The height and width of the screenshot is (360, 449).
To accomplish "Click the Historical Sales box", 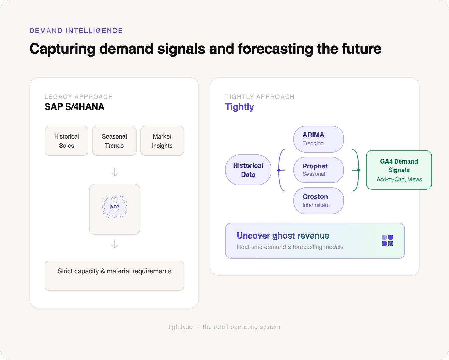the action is [x=66, y=141].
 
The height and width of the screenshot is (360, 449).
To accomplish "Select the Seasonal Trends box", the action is [x=114, y=141].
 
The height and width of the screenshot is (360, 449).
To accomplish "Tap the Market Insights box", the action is [x=162, y=141].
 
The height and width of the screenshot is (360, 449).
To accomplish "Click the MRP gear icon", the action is [x=115, y=207].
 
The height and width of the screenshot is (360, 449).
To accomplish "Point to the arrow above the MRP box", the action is [x=115, y=172].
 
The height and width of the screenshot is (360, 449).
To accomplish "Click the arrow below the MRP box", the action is [x=115, y=244].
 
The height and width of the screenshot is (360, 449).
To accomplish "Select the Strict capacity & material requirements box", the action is [x=114, y=276].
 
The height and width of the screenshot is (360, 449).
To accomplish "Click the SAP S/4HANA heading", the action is [x=74, y=107].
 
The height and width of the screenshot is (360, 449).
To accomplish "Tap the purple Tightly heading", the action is [x=239, y=107].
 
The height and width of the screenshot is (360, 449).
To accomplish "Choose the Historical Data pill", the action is [x=248, y=170].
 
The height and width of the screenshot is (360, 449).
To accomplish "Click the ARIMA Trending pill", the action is [x=318, y=139].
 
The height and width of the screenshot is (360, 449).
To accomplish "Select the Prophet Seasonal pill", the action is [x=318, y=170].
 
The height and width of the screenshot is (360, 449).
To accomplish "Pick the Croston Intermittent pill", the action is [x=318, y=200].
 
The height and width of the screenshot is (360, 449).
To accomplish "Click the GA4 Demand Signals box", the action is [x=399, y=170].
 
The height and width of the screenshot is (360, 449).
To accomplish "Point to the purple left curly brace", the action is [x=280, y=170].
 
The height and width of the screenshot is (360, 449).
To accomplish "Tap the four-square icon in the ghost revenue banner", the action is [x=387, y=240].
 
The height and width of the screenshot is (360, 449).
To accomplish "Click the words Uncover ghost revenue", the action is [x=283, y=236].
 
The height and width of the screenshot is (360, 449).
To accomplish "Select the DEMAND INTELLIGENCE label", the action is [x=76, y=31].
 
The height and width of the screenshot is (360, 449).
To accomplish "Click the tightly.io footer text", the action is [x=224, y=327].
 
